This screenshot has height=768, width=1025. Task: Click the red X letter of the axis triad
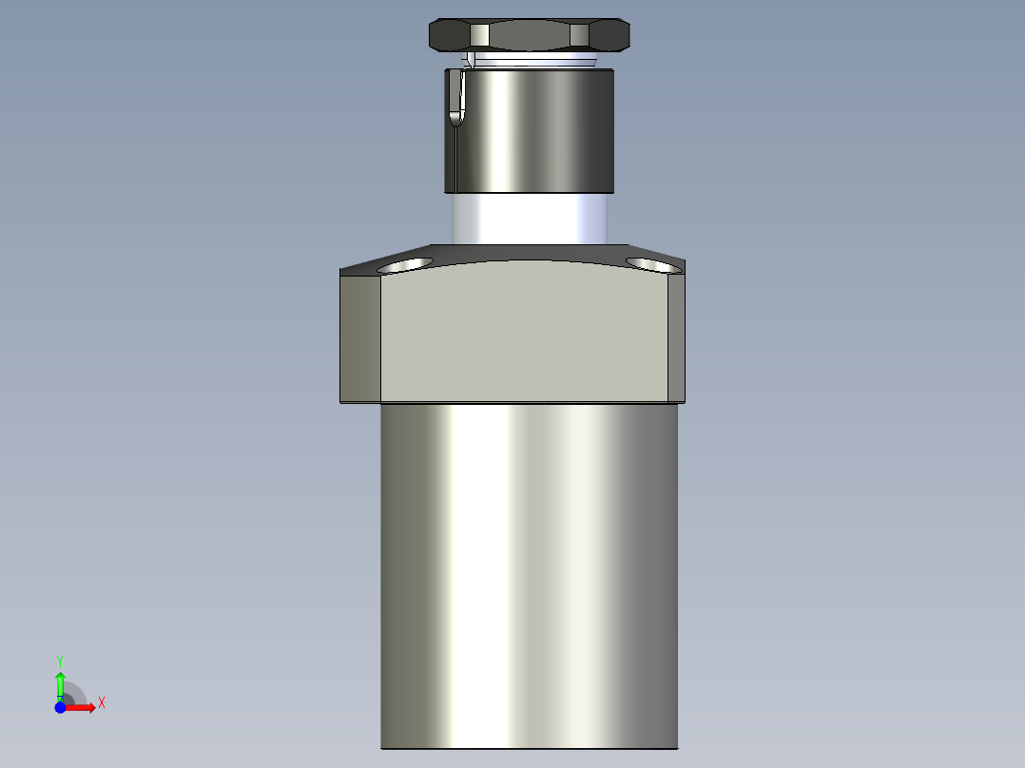pyautogui.click(x=102, y=703)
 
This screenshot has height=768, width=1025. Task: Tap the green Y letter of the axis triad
pyautogui.click(x=60, y=660)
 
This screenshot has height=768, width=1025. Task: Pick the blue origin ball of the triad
pyautogui.click(x=60, y=707)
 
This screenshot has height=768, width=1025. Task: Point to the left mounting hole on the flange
pyautogui.click(x=404, y=264)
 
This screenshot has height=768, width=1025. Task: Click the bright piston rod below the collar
pyautogui.click(x=528, y=217)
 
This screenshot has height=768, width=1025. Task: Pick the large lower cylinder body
pyautogui.click(x=529, y=570)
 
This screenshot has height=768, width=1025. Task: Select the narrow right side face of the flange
pyautogui.click(x=676, y=337)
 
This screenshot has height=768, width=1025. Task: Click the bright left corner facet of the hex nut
pyautogui.click(x=480, y=36)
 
